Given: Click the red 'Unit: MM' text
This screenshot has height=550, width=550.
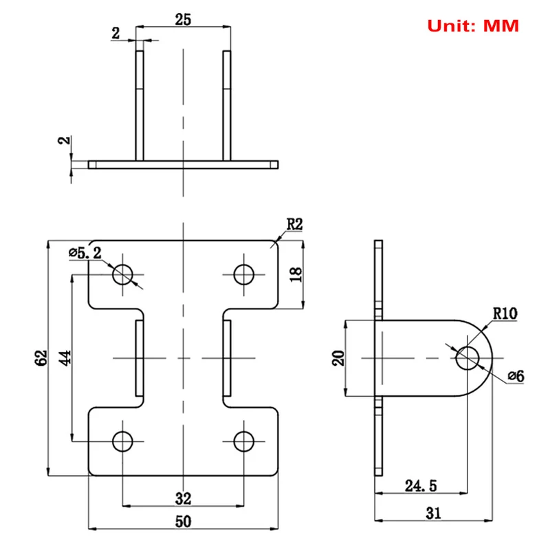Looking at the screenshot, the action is [473, 26].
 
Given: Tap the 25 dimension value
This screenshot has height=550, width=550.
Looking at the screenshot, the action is [183, 20].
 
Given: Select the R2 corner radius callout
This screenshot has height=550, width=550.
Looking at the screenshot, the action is [294, 225].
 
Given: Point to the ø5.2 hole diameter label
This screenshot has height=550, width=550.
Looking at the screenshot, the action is [85, 252].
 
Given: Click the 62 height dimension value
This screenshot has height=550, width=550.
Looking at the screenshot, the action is [41, 357].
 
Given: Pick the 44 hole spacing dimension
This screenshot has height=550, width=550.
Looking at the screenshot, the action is [65, 357].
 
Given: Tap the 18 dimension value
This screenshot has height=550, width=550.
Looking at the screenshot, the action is [296, 274].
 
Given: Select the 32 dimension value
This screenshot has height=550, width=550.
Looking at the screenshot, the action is [183, 498].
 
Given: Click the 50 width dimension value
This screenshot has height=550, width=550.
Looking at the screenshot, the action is [183, 522].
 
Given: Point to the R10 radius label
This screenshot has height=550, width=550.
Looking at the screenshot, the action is [505, 313].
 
